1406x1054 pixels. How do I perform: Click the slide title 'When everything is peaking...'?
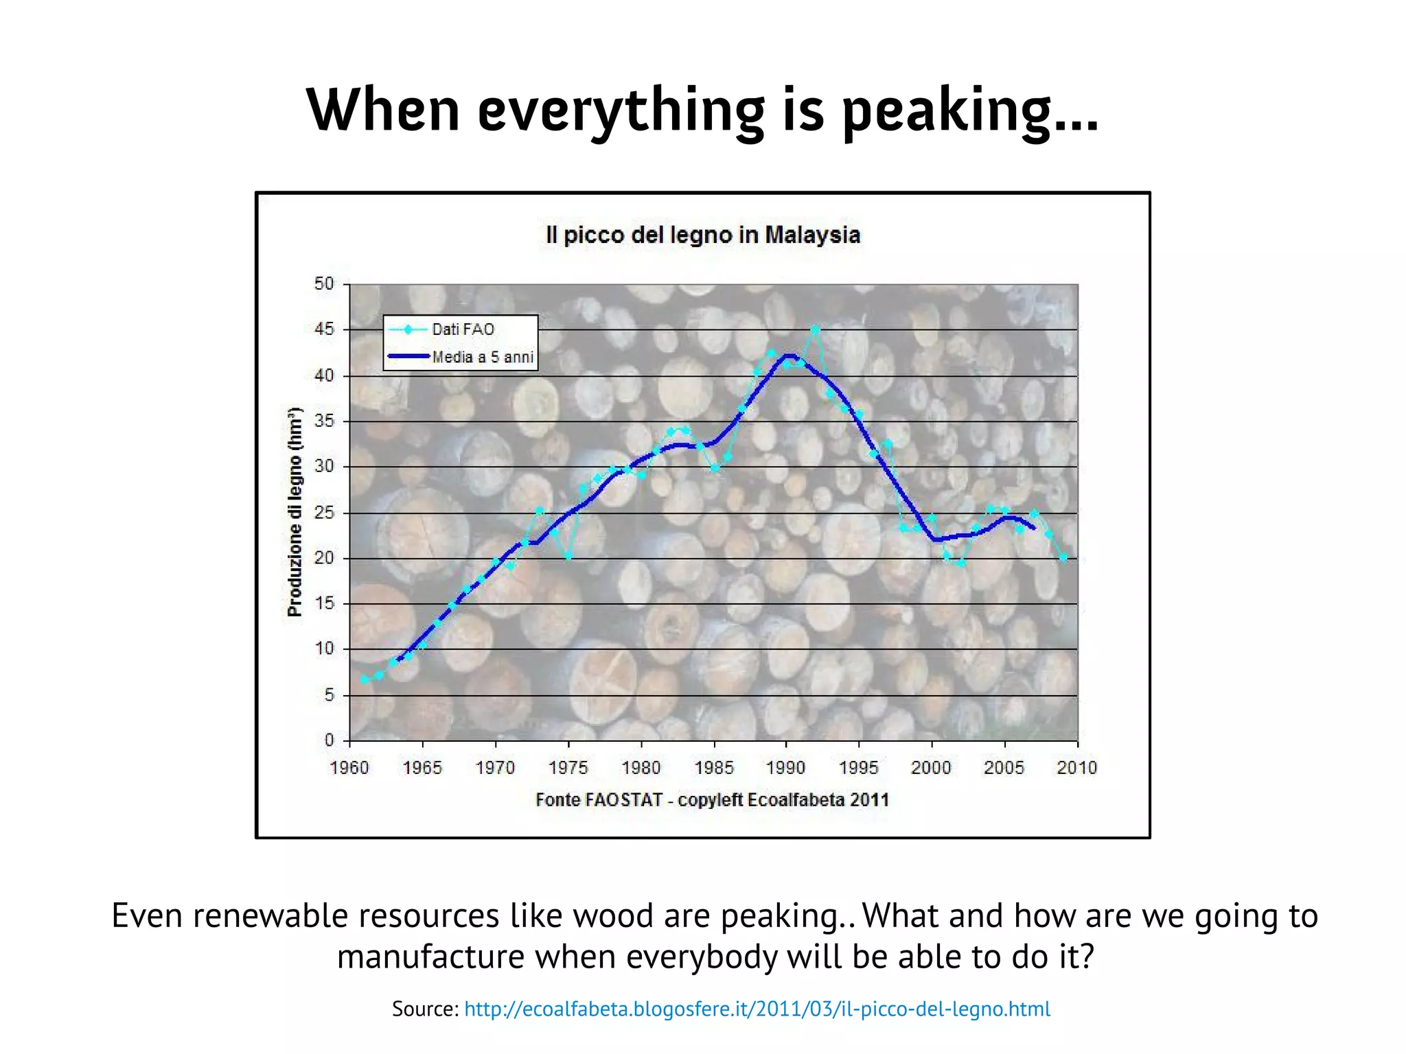coord(702,110)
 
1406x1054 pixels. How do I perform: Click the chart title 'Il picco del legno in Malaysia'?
coord(702,235)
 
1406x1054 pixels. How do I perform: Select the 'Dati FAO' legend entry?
coord(462,329)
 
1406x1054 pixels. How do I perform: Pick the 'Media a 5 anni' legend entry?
coord(482,357)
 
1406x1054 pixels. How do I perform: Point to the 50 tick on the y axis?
coord(324,284)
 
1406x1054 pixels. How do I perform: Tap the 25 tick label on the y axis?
coord(324,513)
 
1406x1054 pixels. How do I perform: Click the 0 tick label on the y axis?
coord(329,740)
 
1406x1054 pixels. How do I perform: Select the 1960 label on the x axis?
coord(349,768)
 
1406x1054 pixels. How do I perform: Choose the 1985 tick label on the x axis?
coord(713,768)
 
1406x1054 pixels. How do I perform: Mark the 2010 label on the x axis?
coord(1076,768)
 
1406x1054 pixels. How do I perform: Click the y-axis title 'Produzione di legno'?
coord(295,512)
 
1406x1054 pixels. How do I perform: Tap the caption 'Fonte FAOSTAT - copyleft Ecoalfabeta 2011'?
coord(712,800)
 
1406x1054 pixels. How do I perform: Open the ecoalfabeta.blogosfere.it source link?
coord(757,1009)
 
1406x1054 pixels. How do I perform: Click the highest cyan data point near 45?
coord(816,330)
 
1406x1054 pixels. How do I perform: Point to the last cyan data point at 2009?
coord(1063,558)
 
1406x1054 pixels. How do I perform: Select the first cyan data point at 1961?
coord(365,679)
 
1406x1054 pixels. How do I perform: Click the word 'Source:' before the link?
coord(425,1009)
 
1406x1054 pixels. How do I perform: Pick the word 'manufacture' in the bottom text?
coord(430,957)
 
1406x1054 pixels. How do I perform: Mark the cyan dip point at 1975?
coord(568,557)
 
